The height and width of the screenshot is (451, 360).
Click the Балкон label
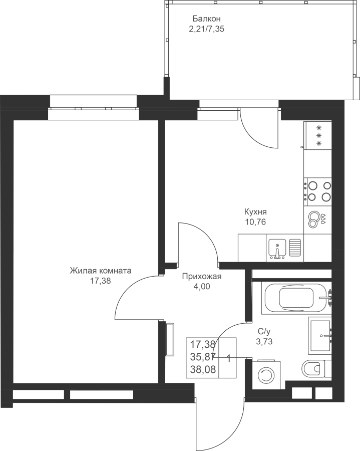click(x=207, y=19)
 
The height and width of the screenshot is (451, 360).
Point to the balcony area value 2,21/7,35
click(x=207, y=29)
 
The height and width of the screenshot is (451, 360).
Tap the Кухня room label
click(x=255, y=212)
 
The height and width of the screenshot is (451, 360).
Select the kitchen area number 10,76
click(x=255, y=222)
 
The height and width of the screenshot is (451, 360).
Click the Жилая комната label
click(x=101, y=271)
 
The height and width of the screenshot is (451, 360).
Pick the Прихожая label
click(x=202, y=277)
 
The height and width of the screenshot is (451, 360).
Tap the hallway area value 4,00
click(x=202, y=287)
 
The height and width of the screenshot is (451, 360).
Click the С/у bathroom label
click(x=264, y=332)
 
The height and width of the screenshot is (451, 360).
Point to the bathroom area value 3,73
click(x=264, y=342)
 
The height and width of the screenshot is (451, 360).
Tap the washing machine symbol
click(x=266, y=374)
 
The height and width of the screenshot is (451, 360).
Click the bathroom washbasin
click(x=320, y=336)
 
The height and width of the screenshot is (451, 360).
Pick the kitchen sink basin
click(x=277, y=249)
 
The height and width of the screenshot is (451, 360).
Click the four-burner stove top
click(x=318, y=191)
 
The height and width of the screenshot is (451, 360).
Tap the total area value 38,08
click(x=203, y=369)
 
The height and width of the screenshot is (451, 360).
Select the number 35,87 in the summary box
click(x=203, y=357)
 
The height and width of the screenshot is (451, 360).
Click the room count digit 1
click(x=229, y=359)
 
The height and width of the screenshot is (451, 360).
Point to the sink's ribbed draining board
click(x=295, y=248)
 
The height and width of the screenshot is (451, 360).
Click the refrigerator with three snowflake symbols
click(x=318, y=135)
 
